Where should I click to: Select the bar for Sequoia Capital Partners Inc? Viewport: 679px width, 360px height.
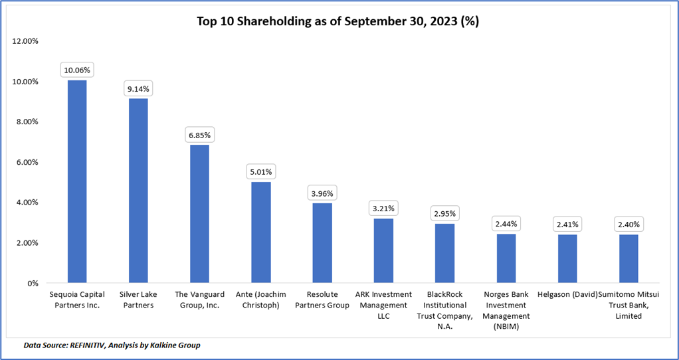coord(77,181)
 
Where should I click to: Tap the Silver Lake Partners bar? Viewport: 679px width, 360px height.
coord(138,191)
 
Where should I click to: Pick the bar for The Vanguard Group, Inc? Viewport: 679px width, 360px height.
coord(199,214)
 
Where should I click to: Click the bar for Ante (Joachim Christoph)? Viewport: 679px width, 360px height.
coord(260,232)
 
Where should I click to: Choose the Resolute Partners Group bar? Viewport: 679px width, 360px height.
coord(322,243)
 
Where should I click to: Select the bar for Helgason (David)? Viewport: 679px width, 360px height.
coord(567,258)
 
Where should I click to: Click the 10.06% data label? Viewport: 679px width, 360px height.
coord(77,69)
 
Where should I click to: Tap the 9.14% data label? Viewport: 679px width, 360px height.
coord(138,88)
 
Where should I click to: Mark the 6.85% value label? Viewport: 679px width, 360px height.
coord(199,134)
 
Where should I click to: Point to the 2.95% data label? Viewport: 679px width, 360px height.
coord(444,213)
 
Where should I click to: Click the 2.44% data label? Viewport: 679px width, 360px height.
coord(506,224)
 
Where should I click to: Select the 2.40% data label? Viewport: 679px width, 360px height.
coord(629,225)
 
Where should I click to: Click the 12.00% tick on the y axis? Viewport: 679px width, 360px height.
coord(26,41)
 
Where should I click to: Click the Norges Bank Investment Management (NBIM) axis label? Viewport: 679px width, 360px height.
coord(506,310)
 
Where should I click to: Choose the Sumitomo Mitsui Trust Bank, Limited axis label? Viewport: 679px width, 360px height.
coord(629,305)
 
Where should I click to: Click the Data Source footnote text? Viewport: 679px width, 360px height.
coord(112,345)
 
